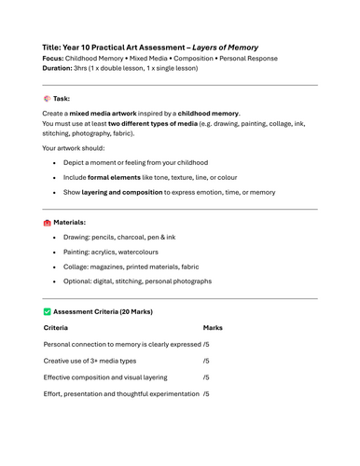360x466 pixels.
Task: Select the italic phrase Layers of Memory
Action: (226, 47)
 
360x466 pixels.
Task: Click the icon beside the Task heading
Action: (48, 98)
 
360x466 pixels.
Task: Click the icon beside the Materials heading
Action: (48, 223)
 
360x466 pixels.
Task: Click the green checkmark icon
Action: (48, 311)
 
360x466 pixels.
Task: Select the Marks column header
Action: (213, 328)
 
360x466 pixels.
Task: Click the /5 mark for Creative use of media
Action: (206, 361)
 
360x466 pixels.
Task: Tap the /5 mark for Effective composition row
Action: (206, 377)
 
